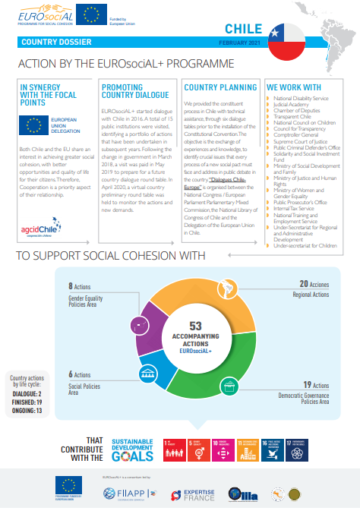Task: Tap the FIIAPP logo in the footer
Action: pos(118,493)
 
